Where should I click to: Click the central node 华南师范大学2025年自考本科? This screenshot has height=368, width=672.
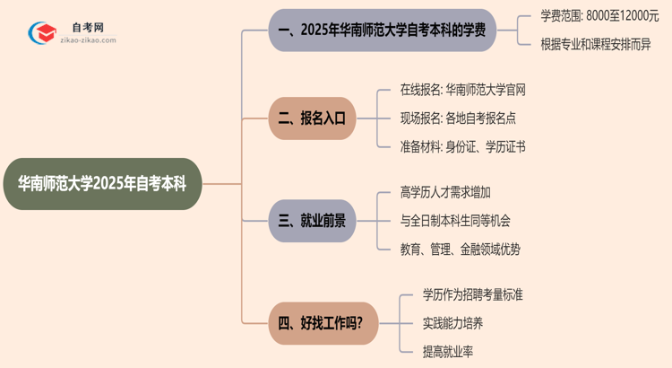point(101,184)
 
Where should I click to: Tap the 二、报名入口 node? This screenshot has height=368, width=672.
point(312,118)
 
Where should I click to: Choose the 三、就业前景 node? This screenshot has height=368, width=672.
point(312,221)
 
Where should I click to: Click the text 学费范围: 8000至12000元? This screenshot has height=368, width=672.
point(599,15)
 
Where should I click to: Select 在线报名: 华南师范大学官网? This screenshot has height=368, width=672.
point(462,90)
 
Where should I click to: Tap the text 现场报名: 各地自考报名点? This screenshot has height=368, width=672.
point(457,118)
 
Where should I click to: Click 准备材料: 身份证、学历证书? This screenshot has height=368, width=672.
point(462,146)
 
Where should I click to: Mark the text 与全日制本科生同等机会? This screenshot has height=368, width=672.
point(456,221)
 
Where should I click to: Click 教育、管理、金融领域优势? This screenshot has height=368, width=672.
point(460,250)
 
